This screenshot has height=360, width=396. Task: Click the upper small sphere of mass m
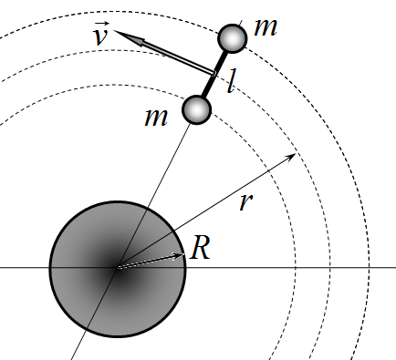pyautogui.click(x=233, y=38)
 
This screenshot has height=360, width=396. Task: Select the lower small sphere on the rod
pyautogui.click(x=196, y=109)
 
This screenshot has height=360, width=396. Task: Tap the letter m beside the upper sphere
pyautogui.click(x=266, y=27)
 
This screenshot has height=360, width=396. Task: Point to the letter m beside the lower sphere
pyautogui.click(x=156, y=118)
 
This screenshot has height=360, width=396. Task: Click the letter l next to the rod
pyautogui.click(x=232, y=81)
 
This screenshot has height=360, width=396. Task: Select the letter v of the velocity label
pyautogui.click(x=101, y=37)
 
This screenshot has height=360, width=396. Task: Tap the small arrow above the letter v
pyautogui.click(x=102, y=24)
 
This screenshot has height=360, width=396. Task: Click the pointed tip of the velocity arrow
pyautogui.click(x=114, y=31)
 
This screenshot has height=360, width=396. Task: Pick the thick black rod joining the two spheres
pyautogui.click(x=214, y=74)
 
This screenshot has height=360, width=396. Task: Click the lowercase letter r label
pyautogui.click(x=246, y=201)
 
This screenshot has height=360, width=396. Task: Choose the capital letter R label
pyautogui.click(x=200, y=248)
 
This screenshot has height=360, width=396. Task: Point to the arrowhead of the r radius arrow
pyautogui.click(x=292, y=156)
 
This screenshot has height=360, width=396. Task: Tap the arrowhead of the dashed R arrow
pyautogui.click(x=180, y=255)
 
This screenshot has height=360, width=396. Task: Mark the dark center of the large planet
pyautogui.click(x=118, y=268)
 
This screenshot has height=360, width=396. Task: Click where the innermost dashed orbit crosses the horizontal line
pyautogui.click(x=296, y=268)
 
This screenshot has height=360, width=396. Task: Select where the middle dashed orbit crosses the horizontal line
pyautogui.click(x=330, y=268)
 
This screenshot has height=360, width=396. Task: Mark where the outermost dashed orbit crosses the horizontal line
pyautogui.click(x=370, y=268)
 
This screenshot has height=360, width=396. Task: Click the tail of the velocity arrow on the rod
pyautogui.click(x=214, y=74)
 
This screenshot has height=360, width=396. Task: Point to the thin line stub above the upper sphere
pyautogui.click(x=240, y=24)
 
